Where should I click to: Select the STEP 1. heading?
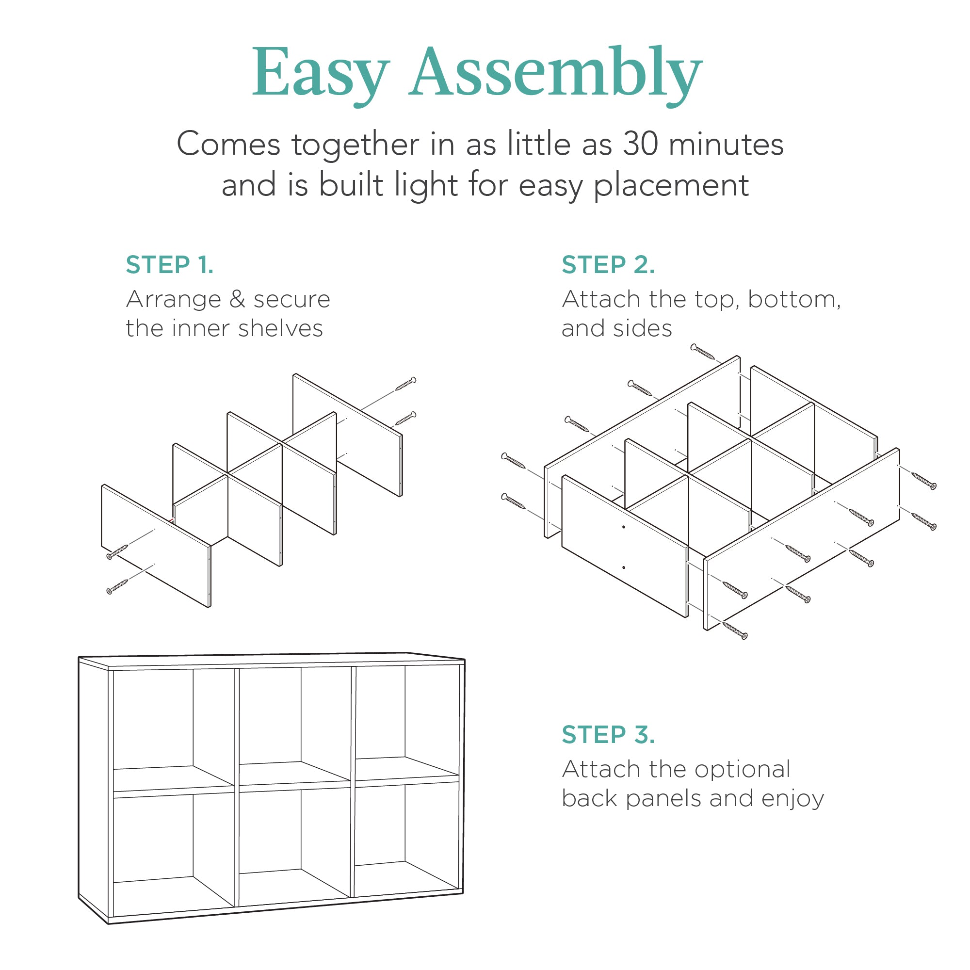point(170,265)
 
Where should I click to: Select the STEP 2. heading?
point(608,265)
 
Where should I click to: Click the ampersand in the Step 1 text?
point(237,300)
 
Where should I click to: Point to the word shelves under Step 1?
point(280,329)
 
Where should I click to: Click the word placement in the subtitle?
point(671,185)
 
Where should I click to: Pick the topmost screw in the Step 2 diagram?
point(702,352)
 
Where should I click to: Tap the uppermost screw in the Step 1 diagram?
point(405,384)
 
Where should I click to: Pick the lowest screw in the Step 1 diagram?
point(117,586)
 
